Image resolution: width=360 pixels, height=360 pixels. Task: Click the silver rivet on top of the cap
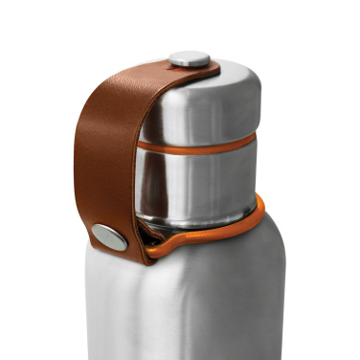click(189, 58)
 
